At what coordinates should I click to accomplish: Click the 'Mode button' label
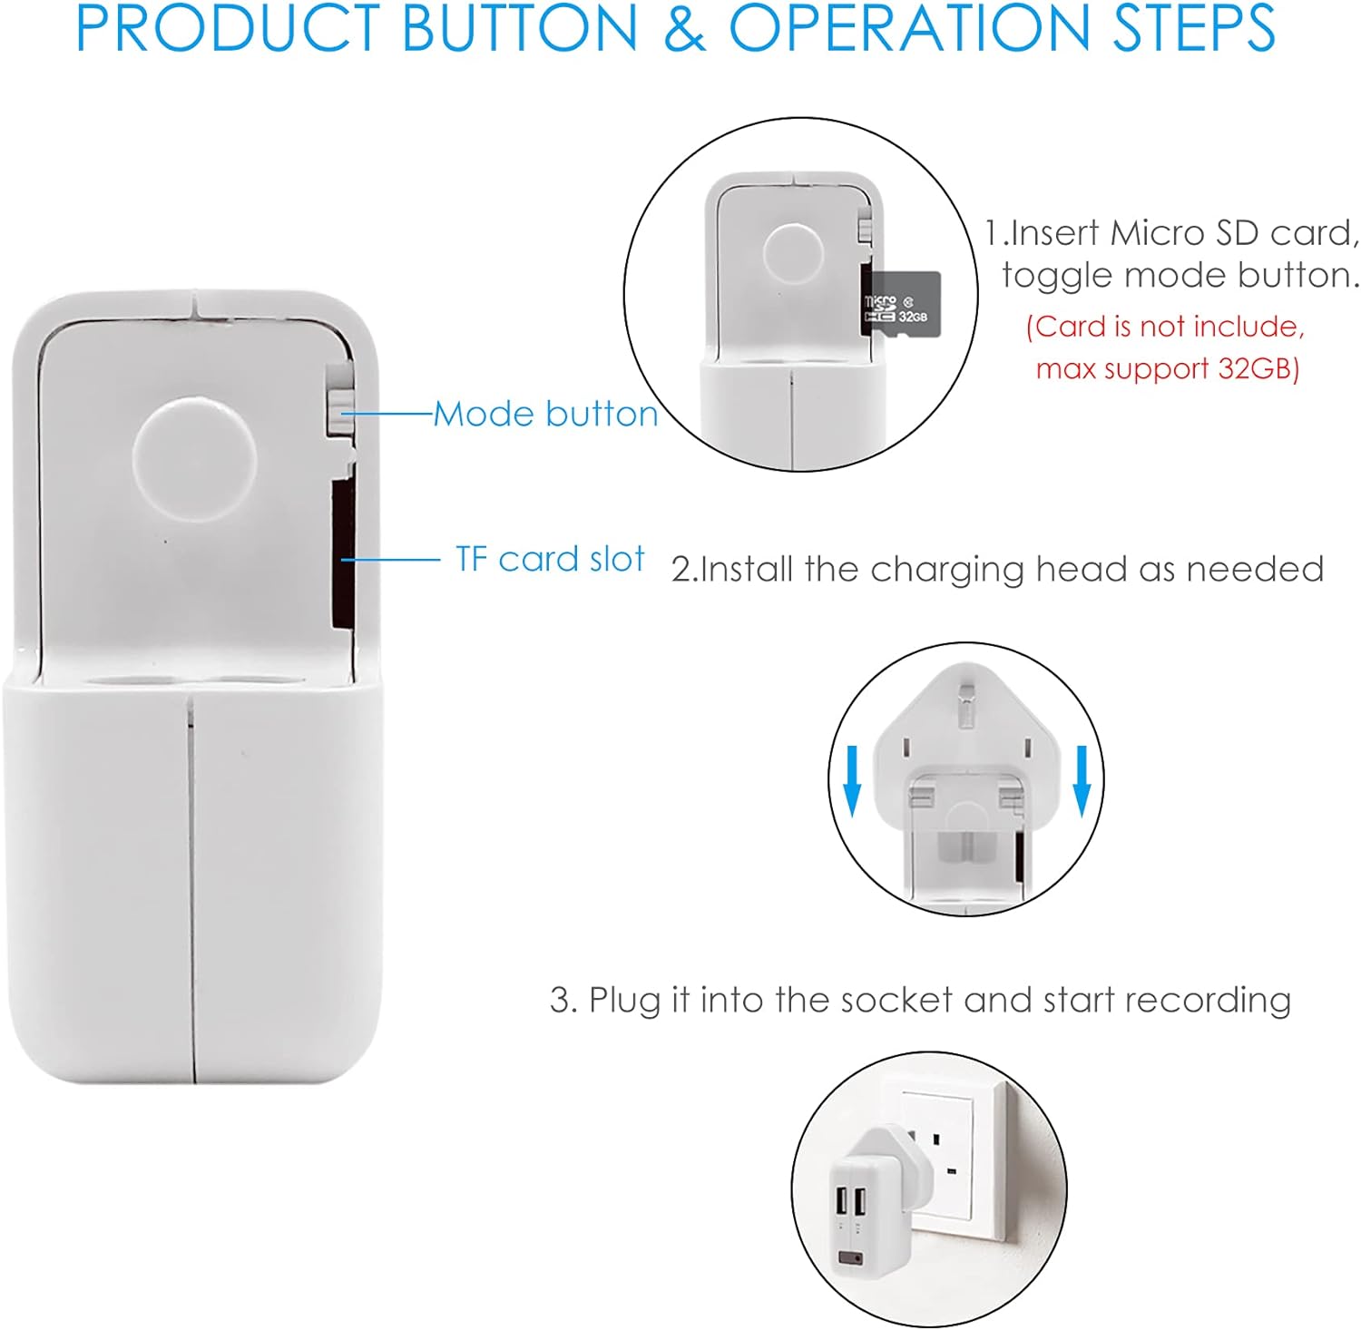pyautogui.click(x=546, y=415)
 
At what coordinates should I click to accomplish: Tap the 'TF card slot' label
pyautogui.click(x=550, y=559)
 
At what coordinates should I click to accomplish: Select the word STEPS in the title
pyautogui.click(x=1193, y=28)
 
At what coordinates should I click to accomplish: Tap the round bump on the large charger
pyautogui.click(x=194, y=457)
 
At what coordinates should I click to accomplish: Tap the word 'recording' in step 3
pyautogui.click(x=1208, y=1001)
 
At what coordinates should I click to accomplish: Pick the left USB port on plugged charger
pyautogui.click(x=840, y=1201)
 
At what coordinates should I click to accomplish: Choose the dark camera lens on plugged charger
pyautogui.click(x=851, y=1258)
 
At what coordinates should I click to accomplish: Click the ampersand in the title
pyautogui.click(x=684, y=28)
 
